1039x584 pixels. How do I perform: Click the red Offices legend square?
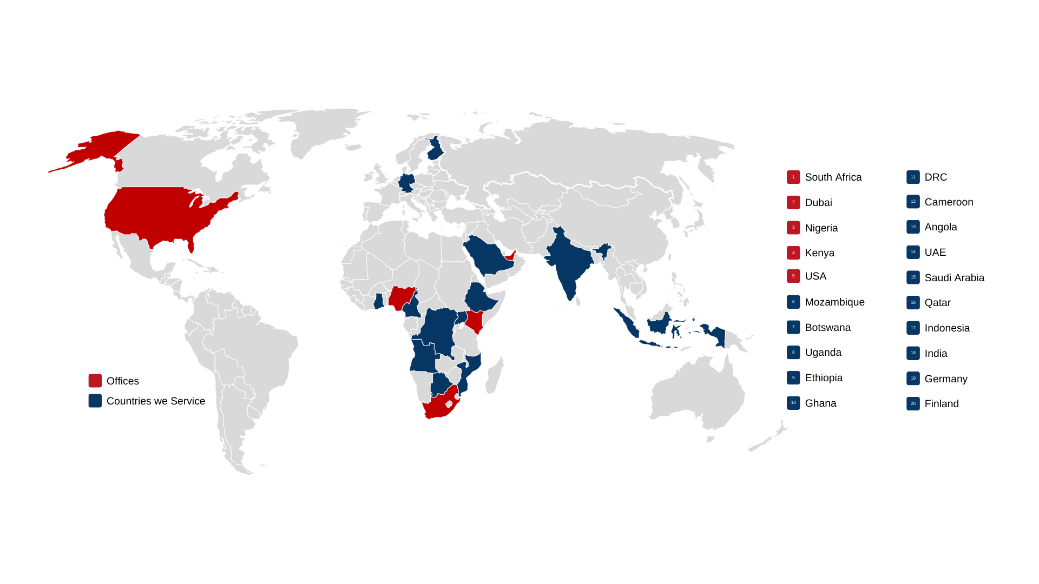pos(95,381)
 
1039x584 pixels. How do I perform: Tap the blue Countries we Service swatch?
pos(95,401)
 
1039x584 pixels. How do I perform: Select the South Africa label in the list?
pos(833,177)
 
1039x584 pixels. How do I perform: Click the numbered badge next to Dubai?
pos(793,202)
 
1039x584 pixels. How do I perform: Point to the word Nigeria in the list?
pos(821,228)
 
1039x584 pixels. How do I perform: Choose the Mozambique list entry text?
pos(834,302)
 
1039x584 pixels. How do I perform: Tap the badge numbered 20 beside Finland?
pos(913,404)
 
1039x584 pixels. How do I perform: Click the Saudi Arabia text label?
pos(954,278)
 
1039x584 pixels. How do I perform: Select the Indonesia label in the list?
pos(947,328)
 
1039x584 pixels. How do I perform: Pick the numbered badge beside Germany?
pos(913,379)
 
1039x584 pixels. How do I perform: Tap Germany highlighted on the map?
pos(406,183)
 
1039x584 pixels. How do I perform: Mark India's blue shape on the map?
pos(568,265)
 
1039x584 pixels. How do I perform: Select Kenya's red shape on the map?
pos(475,321)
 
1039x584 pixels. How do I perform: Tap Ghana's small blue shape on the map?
pos(379,301)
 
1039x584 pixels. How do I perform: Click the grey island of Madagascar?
pos(494,376)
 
